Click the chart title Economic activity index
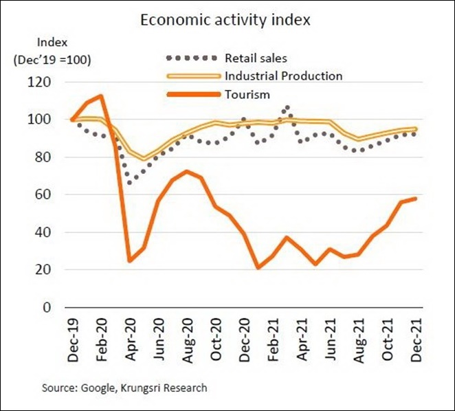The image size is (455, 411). point(225,19)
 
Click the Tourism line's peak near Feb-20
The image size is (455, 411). point(101,96)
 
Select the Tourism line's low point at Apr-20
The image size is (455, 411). point(129,260)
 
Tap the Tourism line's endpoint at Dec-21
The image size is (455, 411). point(414,199)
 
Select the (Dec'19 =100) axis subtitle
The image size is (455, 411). point(52,59)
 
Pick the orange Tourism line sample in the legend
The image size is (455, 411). point(193,95)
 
